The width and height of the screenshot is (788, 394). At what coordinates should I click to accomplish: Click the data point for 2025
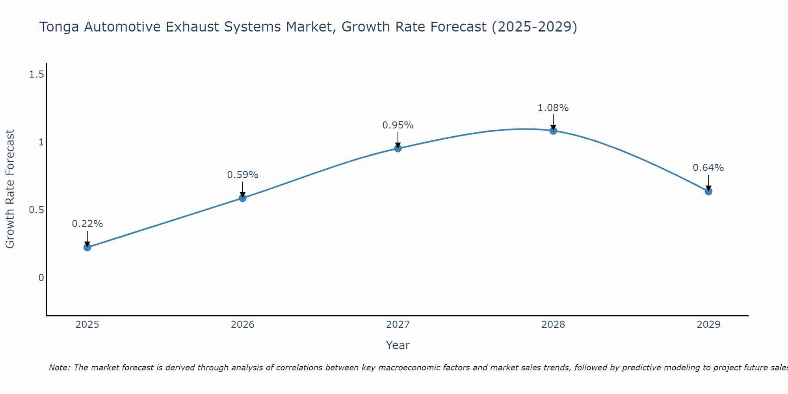pos(87,247)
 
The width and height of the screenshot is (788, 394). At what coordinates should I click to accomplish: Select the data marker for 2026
pos(243,198)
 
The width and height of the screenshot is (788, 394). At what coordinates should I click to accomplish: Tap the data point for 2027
pos(398,149)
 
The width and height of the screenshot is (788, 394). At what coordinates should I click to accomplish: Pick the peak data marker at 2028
pos(553,131)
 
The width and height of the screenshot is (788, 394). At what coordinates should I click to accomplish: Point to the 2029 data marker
pos(708,191)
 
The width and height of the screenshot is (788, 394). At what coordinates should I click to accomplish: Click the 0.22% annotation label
pos(87,224)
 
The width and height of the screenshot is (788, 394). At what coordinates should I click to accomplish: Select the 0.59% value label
pos(243,175)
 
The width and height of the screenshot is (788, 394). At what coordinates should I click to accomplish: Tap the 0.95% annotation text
pos(398,125)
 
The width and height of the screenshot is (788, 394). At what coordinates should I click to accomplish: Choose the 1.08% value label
pos(553,108)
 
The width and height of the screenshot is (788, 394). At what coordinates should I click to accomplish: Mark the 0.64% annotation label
pos(708,168)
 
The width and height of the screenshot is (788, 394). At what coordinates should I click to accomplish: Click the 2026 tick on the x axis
pos(243,325)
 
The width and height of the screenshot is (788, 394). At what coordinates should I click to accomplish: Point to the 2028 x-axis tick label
pos(553,325)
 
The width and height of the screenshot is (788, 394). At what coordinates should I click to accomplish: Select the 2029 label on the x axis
pos(708,325)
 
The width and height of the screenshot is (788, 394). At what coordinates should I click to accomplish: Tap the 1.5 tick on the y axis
pos(36,74)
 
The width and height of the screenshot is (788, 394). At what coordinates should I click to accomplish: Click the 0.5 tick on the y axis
pos(36,210)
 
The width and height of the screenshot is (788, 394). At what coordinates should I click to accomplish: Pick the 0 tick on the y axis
pos(41,278)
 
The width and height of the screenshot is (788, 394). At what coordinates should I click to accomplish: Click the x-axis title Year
pos(398,345)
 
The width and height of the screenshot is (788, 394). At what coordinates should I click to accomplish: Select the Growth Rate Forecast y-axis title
pos(10,189)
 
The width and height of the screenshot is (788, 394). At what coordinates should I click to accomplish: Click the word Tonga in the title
pos(59,27)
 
